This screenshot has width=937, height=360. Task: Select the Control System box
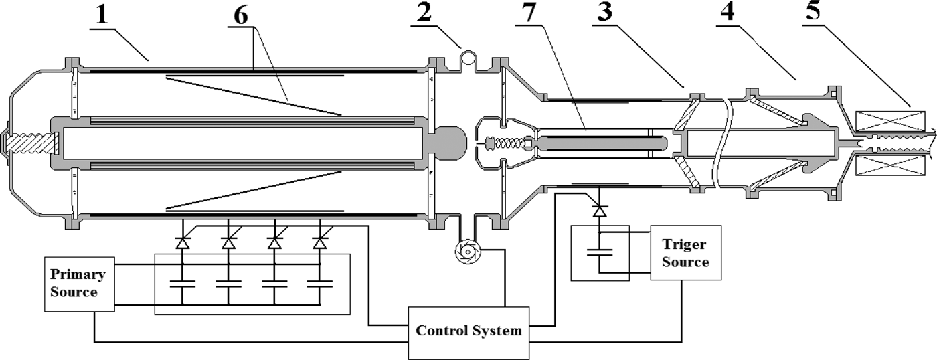tap(468, 331)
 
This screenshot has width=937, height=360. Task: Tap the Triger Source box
tap(685, 252)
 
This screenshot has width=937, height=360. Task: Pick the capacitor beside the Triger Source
tap(600, 253)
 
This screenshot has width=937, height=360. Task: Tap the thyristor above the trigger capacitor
tap(600, 211)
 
